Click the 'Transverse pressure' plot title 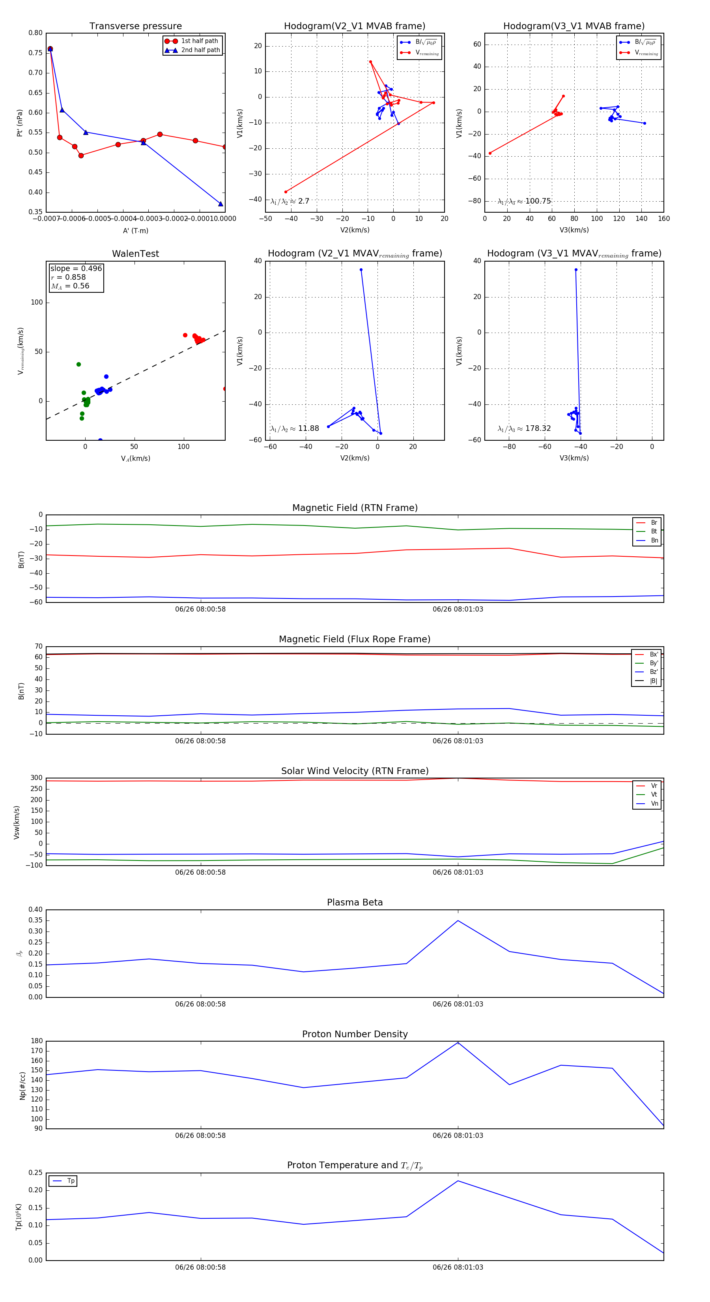135,26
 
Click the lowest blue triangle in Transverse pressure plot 220,204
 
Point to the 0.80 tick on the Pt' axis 35,33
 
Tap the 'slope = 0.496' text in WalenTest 76,268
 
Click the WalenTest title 135,254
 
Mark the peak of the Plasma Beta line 458,920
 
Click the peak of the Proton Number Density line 458,1042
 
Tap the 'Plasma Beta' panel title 355,902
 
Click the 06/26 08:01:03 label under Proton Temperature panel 458,1267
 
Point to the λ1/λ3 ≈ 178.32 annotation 524,428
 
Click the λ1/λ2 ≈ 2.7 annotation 290,201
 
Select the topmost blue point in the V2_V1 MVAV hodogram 361,270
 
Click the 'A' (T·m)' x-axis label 135,230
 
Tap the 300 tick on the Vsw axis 36,778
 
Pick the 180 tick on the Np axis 36,1041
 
